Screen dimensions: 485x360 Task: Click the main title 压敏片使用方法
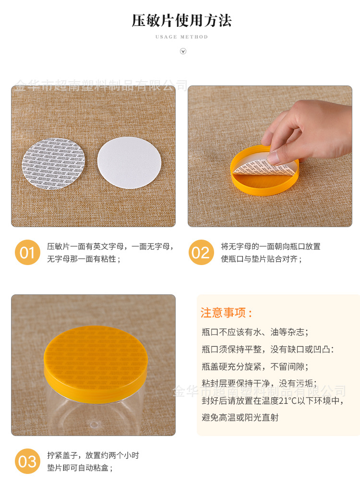pyautogui.click(x=181, y=21)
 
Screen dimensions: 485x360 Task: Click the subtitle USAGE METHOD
pyautogui.click(x=181, y=37)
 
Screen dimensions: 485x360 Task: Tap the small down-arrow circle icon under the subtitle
pyautogui.click(x=183, y=51)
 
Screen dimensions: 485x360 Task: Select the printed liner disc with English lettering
pyautogui.click(x=53, y=163)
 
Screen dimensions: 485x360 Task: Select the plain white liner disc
pyautogui.click(x=127, y=162)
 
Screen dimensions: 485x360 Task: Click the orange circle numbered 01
pyautogui.click(x=27, y=253)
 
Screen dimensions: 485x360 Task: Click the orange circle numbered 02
pyautogui.click(x=201, y=253)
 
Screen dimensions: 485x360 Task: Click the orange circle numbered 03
pyautogui.click(x=27, y=461)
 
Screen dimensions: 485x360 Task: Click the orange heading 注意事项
pyautogui.click(x=226, y=313)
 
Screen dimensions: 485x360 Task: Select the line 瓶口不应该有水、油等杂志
pyautogui.click(x=255, y=332)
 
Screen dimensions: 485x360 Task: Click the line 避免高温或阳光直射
pyautogui.click(x=240, y=417)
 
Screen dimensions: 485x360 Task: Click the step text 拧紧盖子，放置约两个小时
pyautogui.click(x=93, y=455)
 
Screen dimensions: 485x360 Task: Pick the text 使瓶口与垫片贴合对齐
pyautogui.click(x=261, y=259)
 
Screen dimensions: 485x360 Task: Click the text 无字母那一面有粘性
pyautogui.click(x=84, y=259)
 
